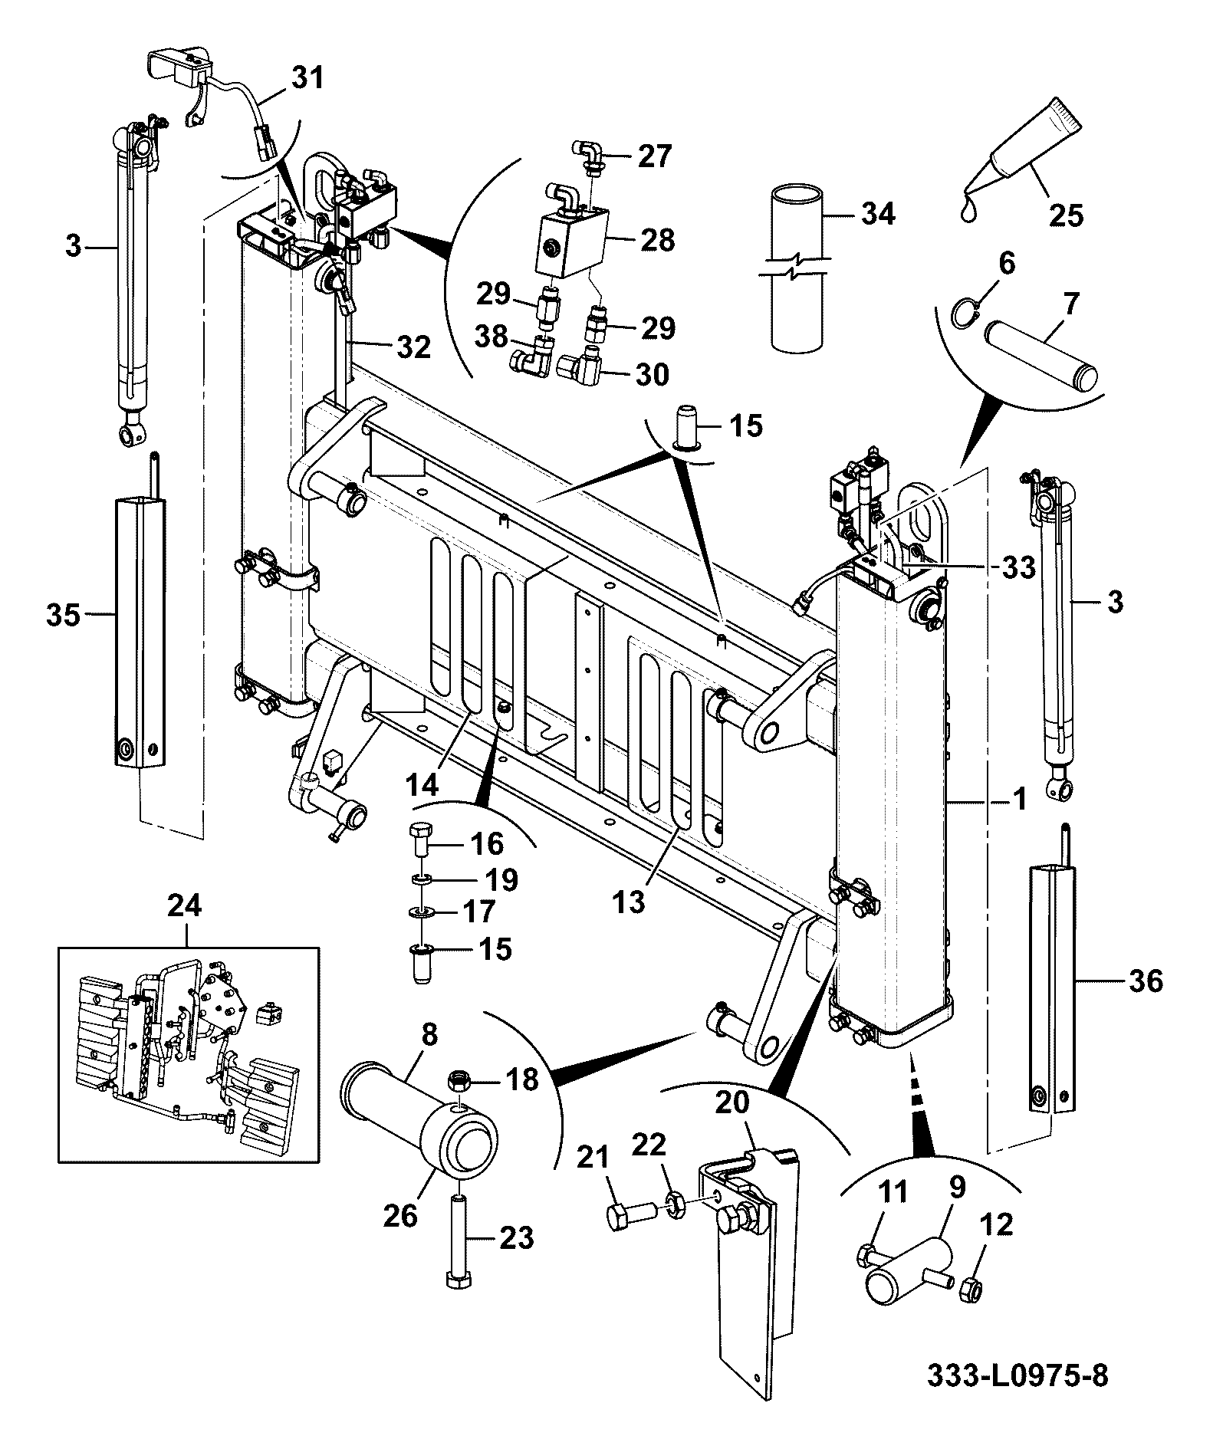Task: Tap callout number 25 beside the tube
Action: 1066,215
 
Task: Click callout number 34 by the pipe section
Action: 878,214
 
